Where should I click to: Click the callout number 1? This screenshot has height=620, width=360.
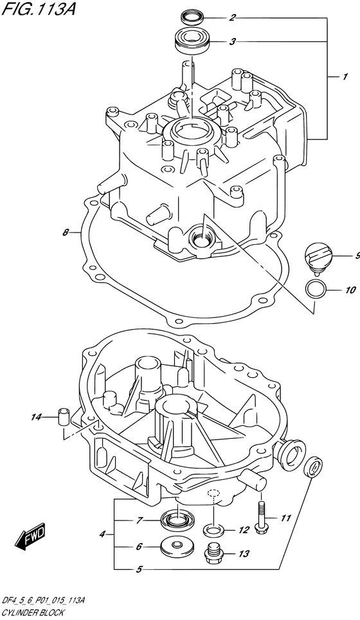pos(345,77)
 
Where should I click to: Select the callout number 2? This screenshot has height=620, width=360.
pos(233,17)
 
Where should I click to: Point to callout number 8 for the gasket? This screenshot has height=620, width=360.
pos(66,233)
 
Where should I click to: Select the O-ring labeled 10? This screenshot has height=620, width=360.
pos(315,289)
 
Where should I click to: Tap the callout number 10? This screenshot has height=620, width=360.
pos(350,289)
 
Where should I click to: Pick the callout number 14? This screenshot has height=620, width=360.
pos(36,418)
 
